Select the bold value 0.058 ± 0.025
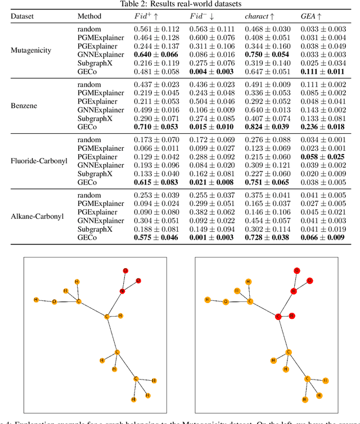point(322,157)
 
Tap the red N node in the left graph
point(122,291)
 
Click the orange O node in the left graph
point(54,301)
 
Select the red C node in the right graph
point(277,317)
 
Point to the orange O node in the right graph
point(225,301)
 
